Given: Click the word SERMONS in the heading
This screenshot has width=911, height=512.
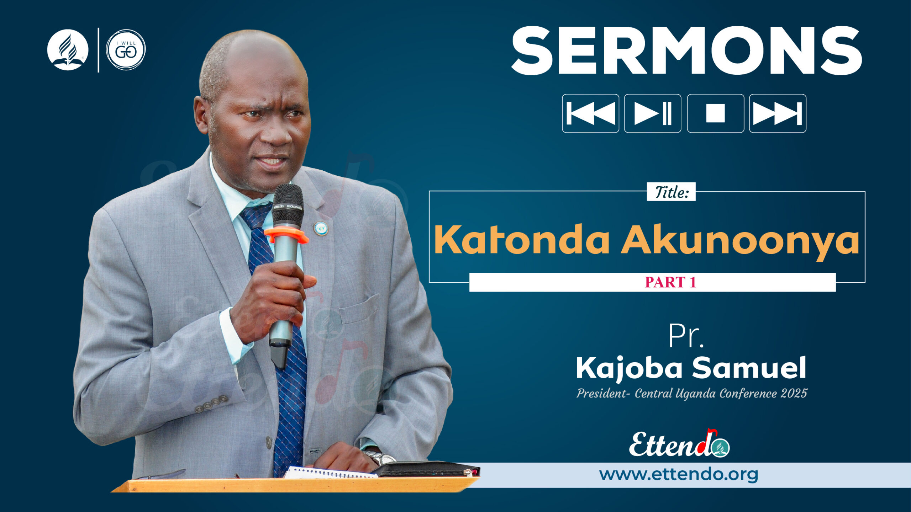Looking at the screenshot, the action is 686,50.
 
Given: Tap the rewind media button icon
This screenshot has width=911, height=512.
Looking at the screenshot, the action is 590,113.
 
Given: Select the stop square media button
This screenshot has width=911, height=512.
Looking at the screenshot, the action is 715,113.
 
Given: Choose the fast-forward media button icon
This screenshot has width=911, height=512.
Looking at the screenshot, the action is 778,113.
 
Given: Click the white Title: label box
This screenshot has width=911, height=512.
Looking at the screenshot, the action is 671,192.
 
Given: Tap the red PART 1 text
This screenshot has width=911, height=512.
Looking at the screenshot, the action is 670,282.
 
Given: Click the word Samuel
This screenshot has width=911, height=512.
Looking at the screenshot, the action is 749,368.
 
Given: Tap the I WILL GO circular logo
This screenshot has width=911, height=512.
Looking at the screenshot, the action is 126,50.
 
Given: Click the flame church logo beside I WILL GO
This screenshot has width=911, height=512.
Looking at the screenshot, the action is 68,50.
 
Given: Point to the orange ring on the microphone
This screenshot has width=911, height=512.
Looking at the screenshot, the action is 286,235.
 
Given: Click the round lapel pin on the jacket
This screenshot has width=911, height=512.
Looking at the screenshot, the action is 321,228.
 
